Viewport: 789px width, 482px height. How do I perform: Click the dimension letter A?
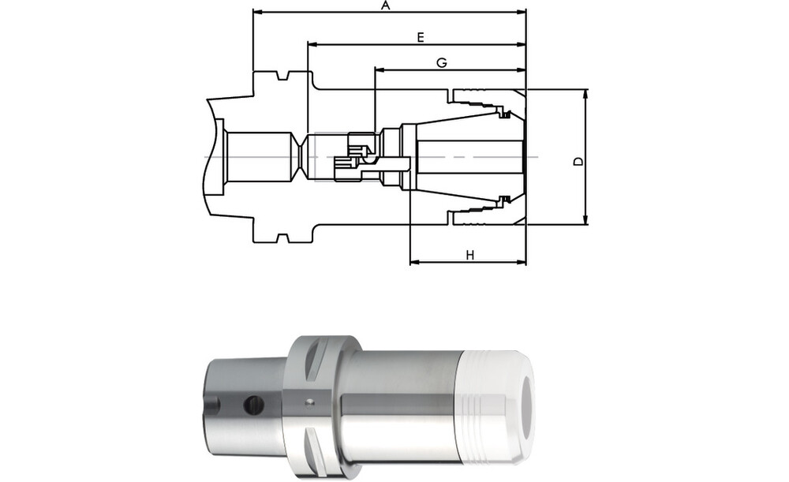[x=386, y=6]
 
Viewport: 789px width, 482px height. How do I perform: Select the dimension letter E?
[x=421, y=37]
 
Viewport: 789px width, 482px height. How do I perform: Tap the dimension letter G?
[x=441, y=63]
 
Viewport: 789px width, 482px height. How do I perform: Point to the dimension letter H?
[x=470, y=256]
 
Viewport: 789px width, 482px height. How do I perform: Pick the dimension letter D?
[x=578, y=161]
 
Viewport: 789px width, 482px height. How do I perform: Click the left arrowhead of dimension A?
[x=257, y=11]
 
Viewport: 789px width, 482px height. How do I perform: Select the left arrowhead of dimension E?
[x=312, y=45]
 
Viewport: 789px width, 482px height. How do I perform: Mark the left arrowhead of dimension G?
[x=380, y=71]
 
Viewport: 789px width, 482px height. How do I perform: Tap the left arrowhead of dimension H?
[x=415, y=262]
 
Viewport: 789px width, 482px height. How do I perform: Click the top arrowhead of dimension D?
[x=585, y=94]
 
